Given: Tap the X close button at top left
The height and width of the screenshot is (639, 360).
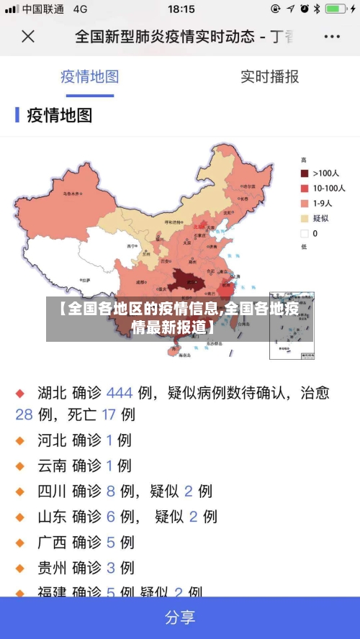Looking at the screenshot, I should point(27,36).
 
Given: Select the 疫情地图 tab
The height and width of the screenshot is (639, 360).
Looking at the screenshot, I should point(89,77).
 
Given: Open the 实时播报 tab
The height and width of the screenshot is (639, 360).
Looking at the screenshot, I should point(269,77).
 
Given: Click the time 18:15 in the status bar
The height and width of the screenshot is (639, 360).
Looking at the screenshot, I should point(181,9).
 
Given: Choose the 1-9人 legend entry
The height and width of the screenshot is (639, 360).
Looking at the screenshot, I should point(320,203).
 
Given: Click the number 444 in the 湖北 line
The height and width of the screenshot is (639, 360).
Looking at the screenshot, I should point(120,393).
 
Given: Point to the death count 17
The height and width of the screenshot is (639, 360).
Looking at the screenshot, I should point(108,414).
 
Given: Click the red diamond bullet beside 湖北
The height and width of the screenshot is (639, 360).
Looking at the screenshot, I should point(21,394).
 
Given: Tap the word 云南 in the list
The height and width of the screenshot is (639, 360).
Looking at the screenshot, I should point(52,466).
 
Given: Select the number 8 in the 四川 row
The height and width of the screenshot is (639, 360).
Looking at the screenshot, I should point(111,491).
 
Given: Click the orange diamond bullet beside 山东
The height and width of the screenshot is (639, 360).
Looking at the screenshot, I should point(21,517).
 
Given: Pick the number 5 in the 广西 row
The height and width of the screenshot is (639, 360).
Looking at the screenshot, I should point(111,542).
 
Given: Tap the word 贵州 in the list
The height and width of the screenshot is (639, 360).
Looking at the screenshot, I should point(52,568).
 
